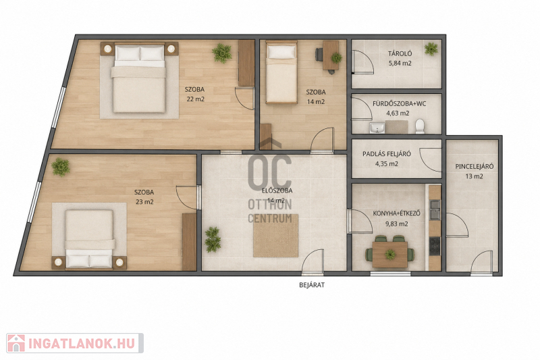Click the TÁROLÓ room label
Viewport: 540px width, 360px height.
[400, 53]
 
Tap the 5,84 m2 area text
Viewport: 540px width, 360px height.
[400, 63]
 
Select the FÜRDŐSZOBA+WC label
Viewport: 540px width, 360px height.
[399, 103]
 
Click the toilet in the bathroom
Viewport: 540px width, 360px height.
[420, 126]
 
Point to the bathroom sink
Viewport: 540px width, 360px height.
[377, 128]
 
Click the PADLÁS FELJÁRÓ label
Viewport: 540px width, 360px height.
[386, 154]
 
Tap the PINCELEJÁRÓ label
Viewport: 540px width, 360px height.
[475, 166]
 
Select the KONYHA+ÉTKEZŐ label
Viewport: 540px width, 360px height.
[396, 213]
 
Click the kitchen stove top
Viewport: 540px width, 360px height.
[435, 246]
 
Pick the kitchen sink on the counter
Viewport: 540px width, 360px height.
[435, 210]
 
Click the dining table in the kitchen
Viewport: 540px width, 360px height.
[390, 255]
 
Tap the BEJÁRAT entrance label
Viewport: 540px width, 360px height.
[312, 285]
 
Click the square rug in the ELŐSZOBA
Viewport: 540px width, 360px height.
[275, 236]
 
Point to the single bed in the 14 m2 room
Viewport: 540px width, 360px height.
[281, 72]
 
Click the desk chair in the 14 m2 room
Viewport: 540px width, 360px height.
[319, 55]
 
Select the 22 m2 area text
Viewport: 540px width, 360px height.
[195, 99]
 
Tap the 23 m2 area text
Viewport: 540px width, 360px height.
[144, 202]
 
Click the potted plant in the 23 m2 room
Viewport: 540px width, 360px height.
[61, 167]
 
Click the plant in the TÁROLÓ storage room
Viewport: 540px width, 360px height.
[431, 49]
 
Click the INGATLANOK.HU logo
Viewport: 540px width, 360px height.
[75, 343]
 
